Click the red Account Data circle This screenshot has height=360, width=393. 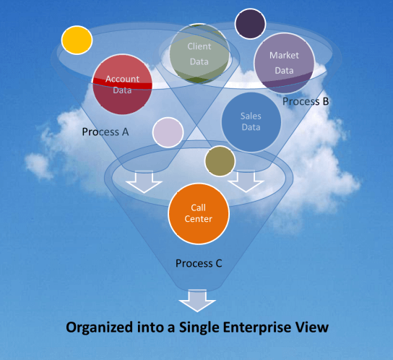(122, 85)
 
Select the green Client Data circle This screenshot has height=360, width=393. (199, 53)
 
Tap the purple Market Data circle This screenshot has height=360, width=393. (284, 63)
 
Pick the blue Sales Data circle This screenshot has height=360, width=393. (251, 122)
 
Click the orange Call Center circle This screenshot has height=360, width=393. (199, 213)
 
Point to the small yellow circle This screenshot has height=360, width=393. (77, 40)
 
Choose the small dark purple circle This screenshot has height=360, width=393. (250, 24)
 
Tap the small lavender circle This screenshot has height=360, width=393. (168, 132)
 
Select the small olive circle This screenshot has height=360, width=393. (220, 161)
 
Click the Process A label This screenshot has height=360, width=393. (105, 132)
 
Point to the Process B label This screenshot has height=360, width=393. (306, 101)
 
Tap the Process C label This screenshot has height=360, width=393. (199, 263)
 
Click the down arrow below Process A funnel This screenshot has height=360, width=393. (144, 182)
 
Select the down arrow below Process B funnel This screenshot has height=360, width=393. (246, 181)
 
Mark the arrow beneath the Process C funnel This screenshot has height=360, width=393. (197, 301)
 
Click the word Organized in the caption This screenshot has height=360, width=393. (99, 328)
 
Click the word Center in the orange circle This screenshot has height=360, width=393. (199, 219)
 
